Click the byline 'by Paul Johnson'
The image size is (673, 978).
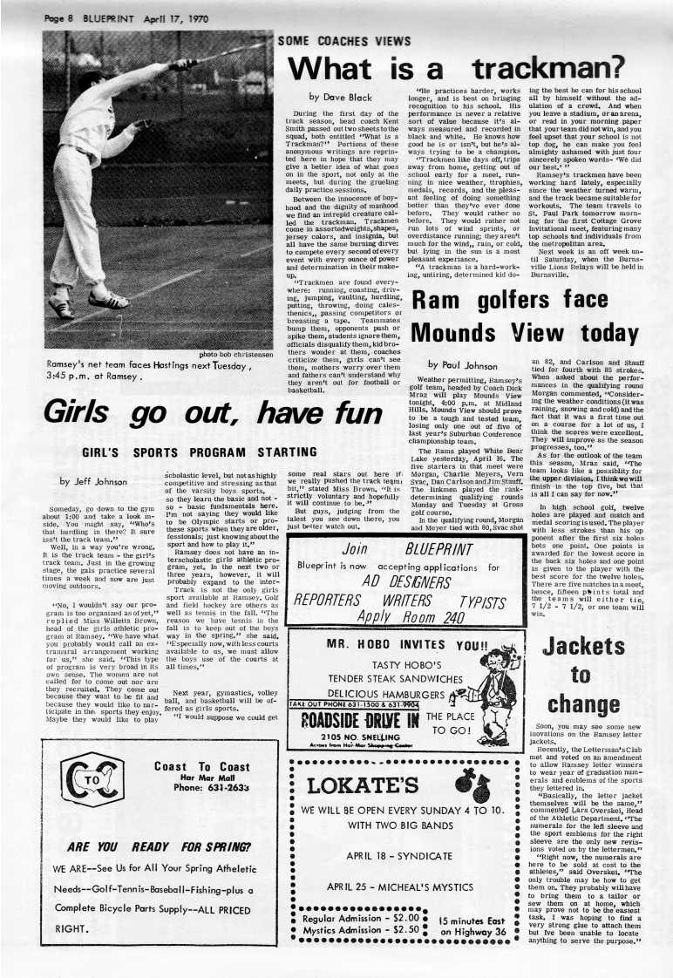462,364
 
